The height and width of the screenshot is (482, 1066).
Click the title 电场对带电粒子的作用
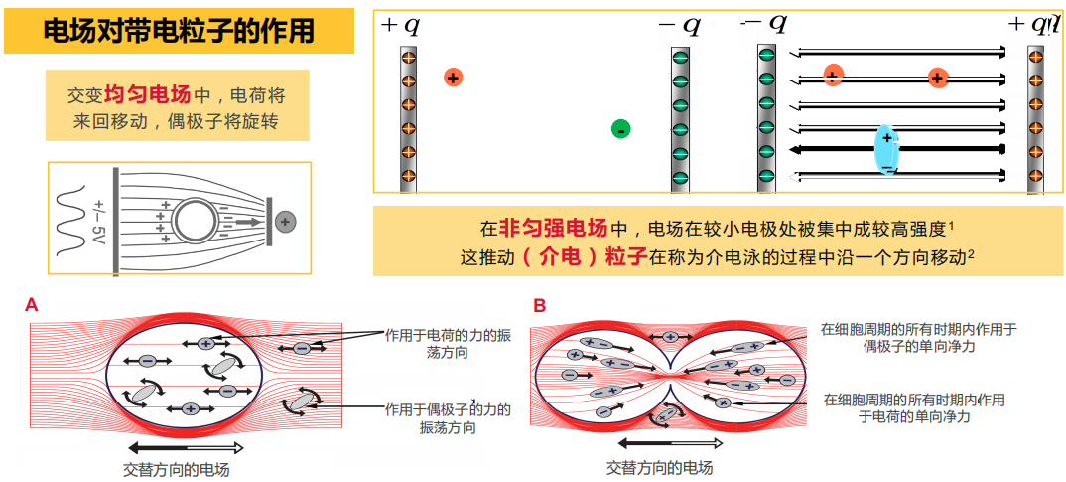pos(179,31)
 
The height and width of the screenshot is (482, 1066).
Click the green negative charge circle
pos(620,129)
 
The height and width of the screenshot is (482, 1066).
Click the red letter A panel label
pos(32,306)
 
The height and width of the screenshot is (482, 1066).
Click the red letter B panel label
pos(539,306)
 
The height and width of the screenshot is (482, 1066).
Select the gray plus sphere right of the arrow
pos(286,221)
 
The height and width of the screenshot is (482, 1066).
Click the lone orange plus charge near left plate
pos(453,77)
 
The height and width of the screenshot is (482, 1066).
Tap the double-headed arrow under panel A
pos(185,448)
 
